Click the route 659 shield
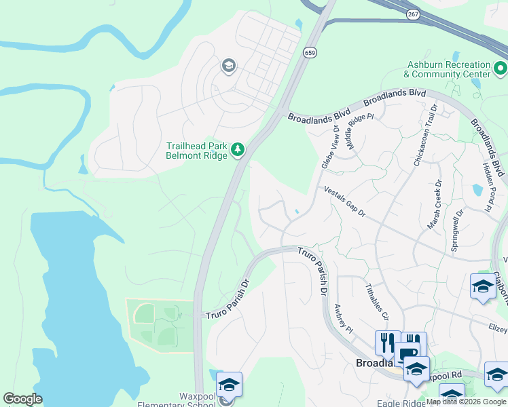[x=310, y=53]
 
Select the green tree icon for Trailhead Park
[x=238, y=149]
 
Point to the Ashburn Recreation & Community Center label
[x=447, y=69]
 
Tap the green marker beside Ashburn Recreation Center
[x=501, y=68]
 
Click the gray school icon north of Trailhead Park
[x=228, y=66]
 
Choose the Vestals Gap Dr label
[x=344, y=201]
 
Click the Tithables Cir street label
[x=377, y=301]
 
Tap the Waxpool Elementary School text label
[x=179, y=400]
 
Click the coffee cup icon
[x=407, y=354]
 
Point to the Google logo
[x=22, y=399]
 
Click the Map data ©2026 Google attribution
[x=466, y=402]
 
